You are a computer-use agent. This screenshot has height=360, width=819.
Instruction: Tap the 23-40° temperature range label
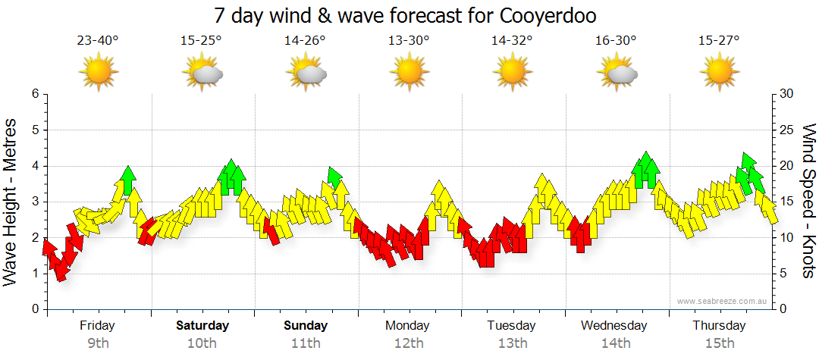click(97, 40)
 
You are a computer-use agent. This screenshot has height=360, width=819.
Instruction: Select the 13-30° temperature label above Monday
click(409, 40)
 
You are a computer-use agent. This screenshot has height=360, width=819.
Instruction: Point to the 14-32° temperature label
click(512, 40)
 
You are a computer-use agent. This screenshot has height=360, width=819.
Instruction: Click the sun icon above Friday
click(98, 73)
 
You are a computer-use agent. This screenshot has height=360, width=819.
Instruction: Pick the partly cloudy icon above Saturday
click(202, 73)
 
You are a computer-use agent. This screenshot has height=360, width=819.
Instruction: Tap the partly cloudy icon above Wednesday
click(617, 73)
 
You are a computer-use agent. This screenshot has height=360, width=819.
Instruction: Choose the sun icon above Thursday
click(720, 73)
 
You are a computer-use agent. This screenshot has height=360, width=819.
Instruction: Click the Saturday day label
click(202, 326)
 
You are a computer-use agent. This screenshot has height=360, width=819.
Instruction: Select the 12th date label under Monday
click(409, 343)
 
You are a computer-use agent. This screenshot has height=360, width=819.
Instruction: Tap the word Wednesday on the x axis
click(614, 326)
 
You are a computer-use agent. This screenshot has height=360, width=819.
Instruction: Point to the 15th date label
click(720, 343)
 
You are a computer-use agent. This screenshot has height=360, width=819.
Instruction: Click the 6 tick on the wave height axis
click(34, 94)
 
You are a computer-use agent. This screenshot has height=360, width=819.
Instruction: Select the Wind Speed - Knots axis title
click(809, 201)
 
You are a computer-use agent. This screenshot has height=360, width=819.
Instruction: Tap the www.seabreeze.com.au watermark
click(723, 301)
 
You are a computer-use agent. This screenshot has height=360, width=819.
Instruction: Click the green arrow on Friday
click(127, 180)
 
